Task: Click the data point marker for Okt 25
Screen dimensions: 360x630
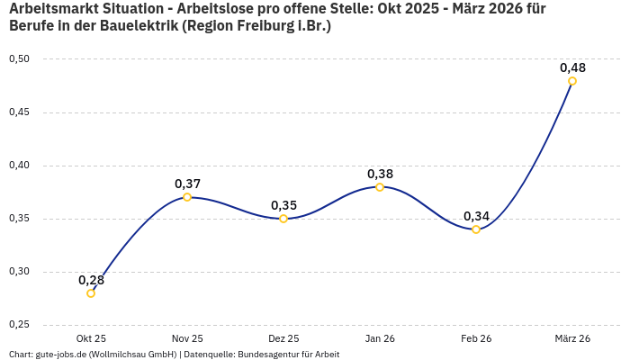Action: point(91,293)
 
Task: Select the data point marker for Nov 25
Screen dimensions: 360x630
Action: point(187,197)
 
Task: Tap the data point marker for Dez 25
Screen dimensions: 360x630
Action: point(283,219)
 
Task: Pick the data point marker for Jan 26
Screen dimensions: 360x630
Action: point(380,187)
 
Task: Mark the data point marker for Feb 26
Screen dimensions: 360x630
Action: point(476,229)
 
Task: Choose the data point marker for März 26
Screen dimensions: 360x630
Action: point(572,81)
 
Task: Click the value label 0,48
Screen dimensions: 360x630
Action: point(572,67)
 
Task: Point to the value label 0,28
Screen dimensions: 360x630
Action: point(91,280)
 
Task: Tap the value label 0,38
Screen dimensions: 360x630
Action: point(380,174)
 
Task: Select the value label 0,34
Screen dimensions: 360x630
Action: point(476,216)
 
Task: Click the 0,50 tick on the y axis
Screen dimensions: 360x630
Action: point(19,59)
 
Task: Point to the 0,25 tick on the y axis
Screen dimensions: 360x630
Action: point(19,325)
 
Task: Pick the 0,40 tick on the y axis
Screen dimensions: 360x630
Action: point(19,166)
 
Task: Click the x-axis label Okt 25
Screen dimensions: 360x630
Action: point(91,338)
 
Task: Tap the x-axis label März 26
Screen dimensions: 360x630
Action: point(572,338)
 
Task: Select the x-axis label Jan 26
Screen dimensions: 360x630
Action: point(380,338)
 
